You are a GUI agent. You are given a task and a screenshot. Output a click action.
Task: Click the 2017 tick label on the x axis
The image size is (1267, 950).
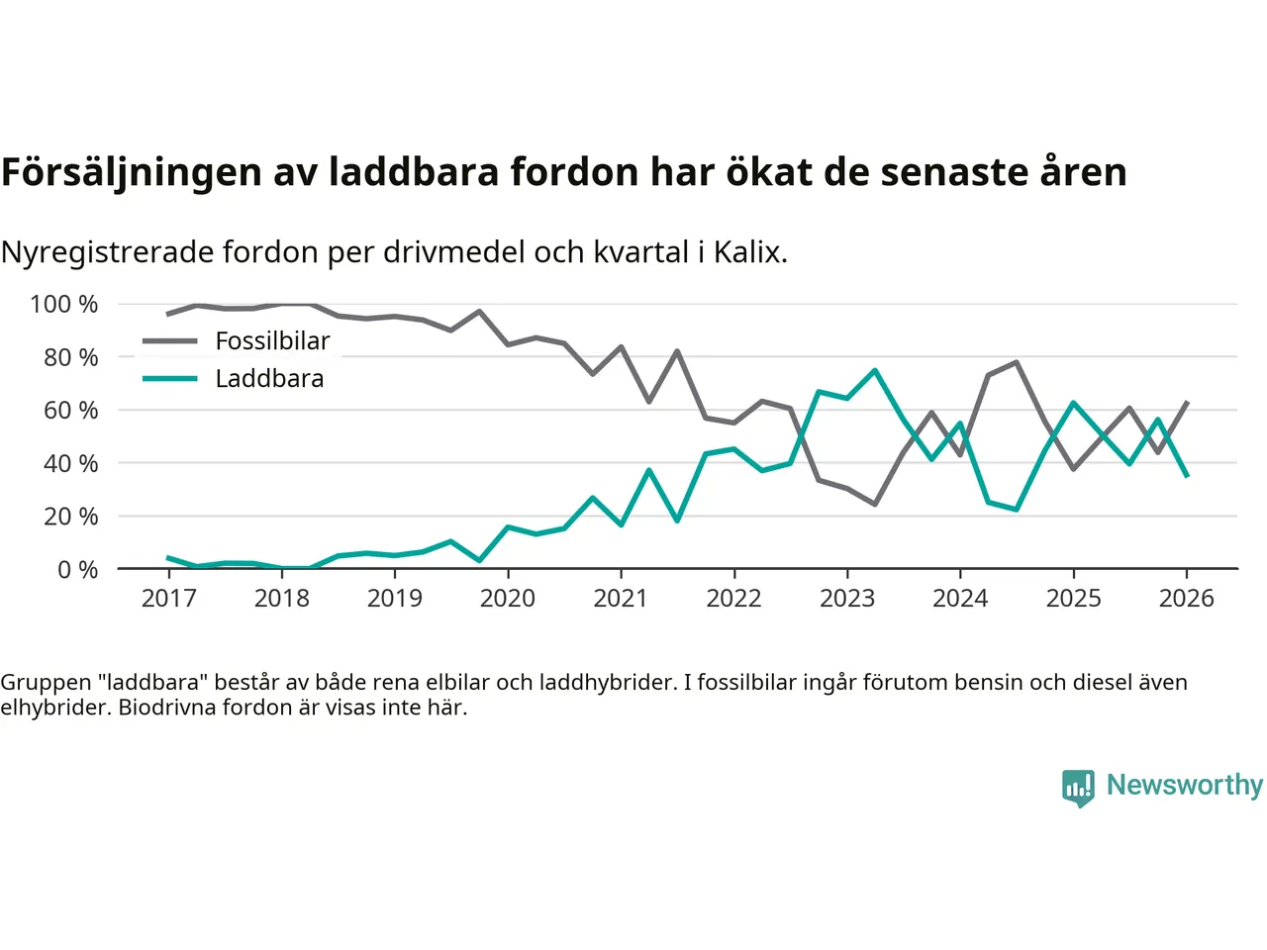(x=169, y=598)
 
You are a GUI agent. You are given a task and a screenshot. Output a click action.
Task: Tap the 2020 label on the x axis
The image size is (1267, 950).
(x=508, y=598)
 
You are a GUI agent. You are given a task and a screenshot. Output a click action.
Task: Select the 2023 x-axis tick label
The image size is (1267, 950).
(x=847, y=598)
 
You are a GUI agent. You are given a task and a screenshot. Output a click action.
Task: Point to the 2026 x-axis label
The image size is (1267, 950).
(x=1186, y=598)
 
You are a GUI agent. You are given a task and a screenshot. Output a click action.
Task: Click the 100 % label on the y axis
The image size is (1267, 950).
(x=64, y=304)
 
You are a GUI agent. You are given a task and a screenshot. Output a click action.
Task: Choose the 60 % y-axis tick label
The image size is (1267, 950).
(x=70, y=410)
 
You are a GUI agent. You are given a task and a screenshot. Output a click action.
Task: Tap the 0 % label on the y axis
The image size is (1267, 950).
(x=77, y=569)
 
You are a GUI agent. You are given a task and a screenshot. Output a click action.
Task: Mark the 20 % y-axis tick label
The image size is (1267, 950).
(x=70, y=516)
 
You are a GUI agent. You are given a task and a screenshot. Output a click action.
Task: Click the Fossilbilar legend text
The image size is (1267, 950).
(x=272, y=340)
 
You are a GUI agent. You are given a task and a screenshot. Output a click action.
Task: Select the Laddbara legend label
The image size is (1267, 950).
(x=269, y=378)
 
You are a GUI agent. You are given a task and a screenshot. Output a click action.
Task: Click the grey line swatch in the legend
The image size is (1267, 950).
(x=170, y=341)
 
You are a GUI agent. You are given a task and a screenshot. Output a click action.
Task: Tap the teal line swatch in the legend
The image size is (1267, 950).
(x=170, y=378)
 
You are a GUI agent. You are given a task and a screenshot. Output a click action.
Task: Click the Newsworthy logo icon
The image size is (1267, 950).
(x=1078, y=788)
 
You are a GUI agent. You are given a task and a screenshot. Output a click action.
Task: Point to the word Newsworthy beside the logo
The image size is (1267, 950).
(x=1185, y=785)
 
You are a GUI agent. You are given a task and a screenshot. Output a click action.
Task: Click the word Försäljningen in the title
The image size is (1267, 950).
(x=132, y=172)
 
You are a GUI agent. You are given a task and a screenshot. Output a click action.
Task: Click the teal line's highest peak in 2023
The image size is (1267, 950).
(x=875, y=370)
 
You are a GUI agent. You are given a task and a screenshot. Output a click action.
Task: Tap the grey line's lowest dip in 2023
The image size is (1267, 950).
(x=875, y=504)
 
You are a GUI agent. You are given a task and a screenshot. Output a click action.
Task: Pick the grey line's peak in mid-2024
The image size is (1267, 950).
(x=1017, y=362)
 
